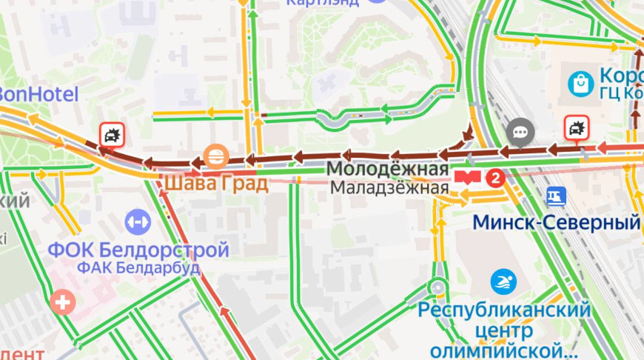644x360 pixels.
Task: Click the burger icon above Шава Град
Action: [214, 156]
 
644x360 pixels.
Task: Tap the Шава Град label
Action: [215, 182]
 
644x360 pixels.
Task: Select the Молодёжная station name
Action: [387, 170]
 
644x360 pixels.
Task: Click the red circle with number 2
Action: [496, 178]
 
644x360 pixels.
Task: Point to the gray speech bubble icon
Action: [520, 133]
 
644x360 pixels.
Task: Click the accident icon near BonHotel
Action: [113, 135]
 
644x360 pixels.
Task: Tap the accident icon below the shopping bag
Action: [576, 128]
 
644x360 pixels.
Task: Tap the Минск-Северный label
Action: [556, 222]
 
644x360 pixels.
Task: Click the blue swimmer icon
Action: [504, 281]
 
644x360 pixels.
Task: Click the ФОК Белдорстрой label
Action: [138, 249]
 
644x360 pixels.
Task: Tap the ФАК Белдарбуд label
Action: [138, 267]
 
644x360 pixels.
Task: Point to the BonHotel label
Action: [38, 94]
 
